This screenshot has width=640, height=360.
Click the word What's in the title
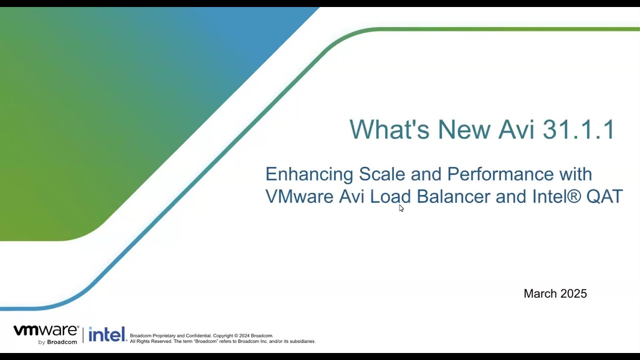389,129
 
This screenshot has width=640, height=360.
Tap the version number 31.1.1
578,129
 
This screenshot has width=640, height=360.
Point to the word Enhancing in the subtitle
309,174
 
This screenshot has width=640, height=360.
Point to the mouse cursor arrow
401,208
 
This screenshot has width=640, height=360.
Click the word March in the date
540,293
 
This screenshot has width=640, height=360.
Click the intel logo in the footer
107,334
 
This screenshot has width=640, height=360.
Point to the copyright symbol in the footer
236,335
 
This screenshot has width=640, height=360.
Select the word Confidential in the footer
198,335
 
